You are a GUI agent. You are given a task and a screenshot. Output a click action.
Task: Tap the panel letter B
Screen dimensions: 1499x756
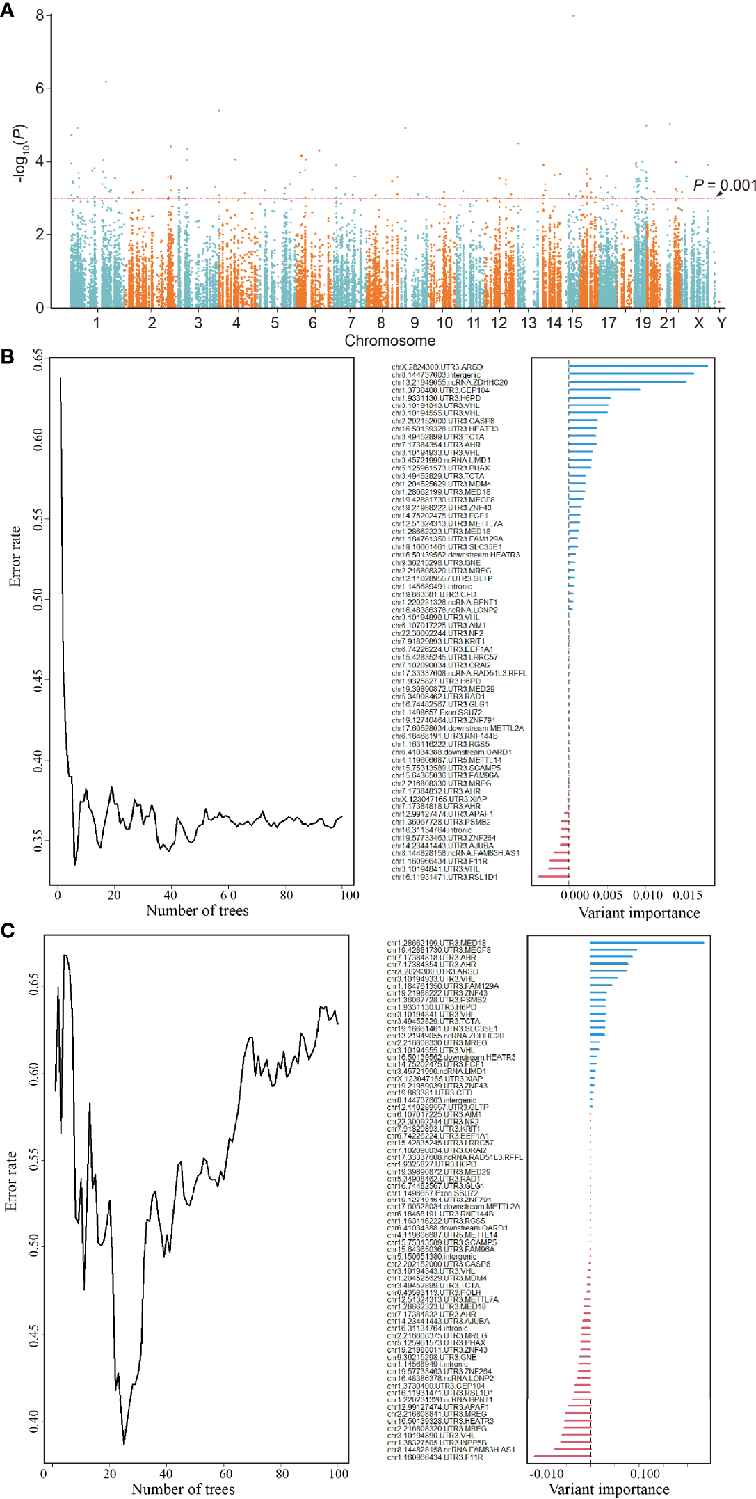click(x=7, y=357)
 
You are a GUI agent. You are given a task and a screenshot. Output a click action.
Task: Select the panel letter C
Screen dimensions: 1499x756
click(x=7, y=930)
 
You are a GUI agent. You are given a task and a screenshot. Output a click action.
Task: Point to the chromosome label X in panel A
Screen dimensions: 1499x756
click(x=698, y=323)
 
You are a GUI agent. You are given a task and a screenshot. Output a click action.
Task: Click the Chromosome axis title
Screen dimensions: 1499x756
click(x=389, y=340)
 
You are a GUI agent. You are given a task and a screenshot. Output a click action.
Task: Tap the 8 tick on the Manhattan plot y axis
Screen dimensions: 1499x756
click(x=40, y=15)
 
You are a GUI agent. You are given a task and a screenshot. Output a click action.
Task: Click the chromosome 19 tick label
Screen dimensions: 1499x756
click(x=643, y=323)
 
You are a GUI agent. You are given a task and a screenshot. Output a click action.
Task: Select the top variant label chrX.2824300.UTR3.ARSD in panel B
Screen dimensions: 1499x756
click(x=437, y=367)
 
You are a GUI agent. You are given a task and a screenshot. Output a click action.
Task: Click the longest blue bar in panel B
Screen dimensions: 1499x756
click(x=638, y=366)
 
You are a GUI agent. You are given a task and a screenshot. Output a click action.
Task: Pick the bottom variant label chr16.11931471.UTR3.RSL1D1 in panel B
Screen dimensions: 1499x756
click(x=444, y=877)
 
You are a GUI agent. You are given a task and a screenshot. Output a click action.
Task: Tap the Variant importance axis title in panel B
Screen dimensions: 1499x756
click(x=639, y=913)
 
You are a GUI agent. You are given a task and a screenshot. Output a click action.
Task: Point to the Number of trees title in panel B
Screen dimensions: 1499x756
click(x=197, y=910)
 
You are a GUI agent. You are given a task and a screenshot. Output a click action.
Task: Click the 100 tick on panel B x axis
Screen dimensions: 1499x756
click(x=349, y=895)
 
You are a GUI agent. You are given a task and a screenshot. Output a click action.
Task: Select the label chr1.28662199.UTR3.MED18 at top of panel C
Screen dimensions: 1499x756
click(x=436, y=943)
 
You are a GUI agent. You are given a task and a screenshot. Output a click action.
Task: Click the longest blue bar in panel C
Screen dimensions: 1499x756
click(x=647, y=942)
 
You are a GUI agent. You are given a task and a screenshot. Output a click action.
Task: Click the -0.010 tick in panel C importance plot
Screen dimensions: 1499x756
click(x=547, y=1474)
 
